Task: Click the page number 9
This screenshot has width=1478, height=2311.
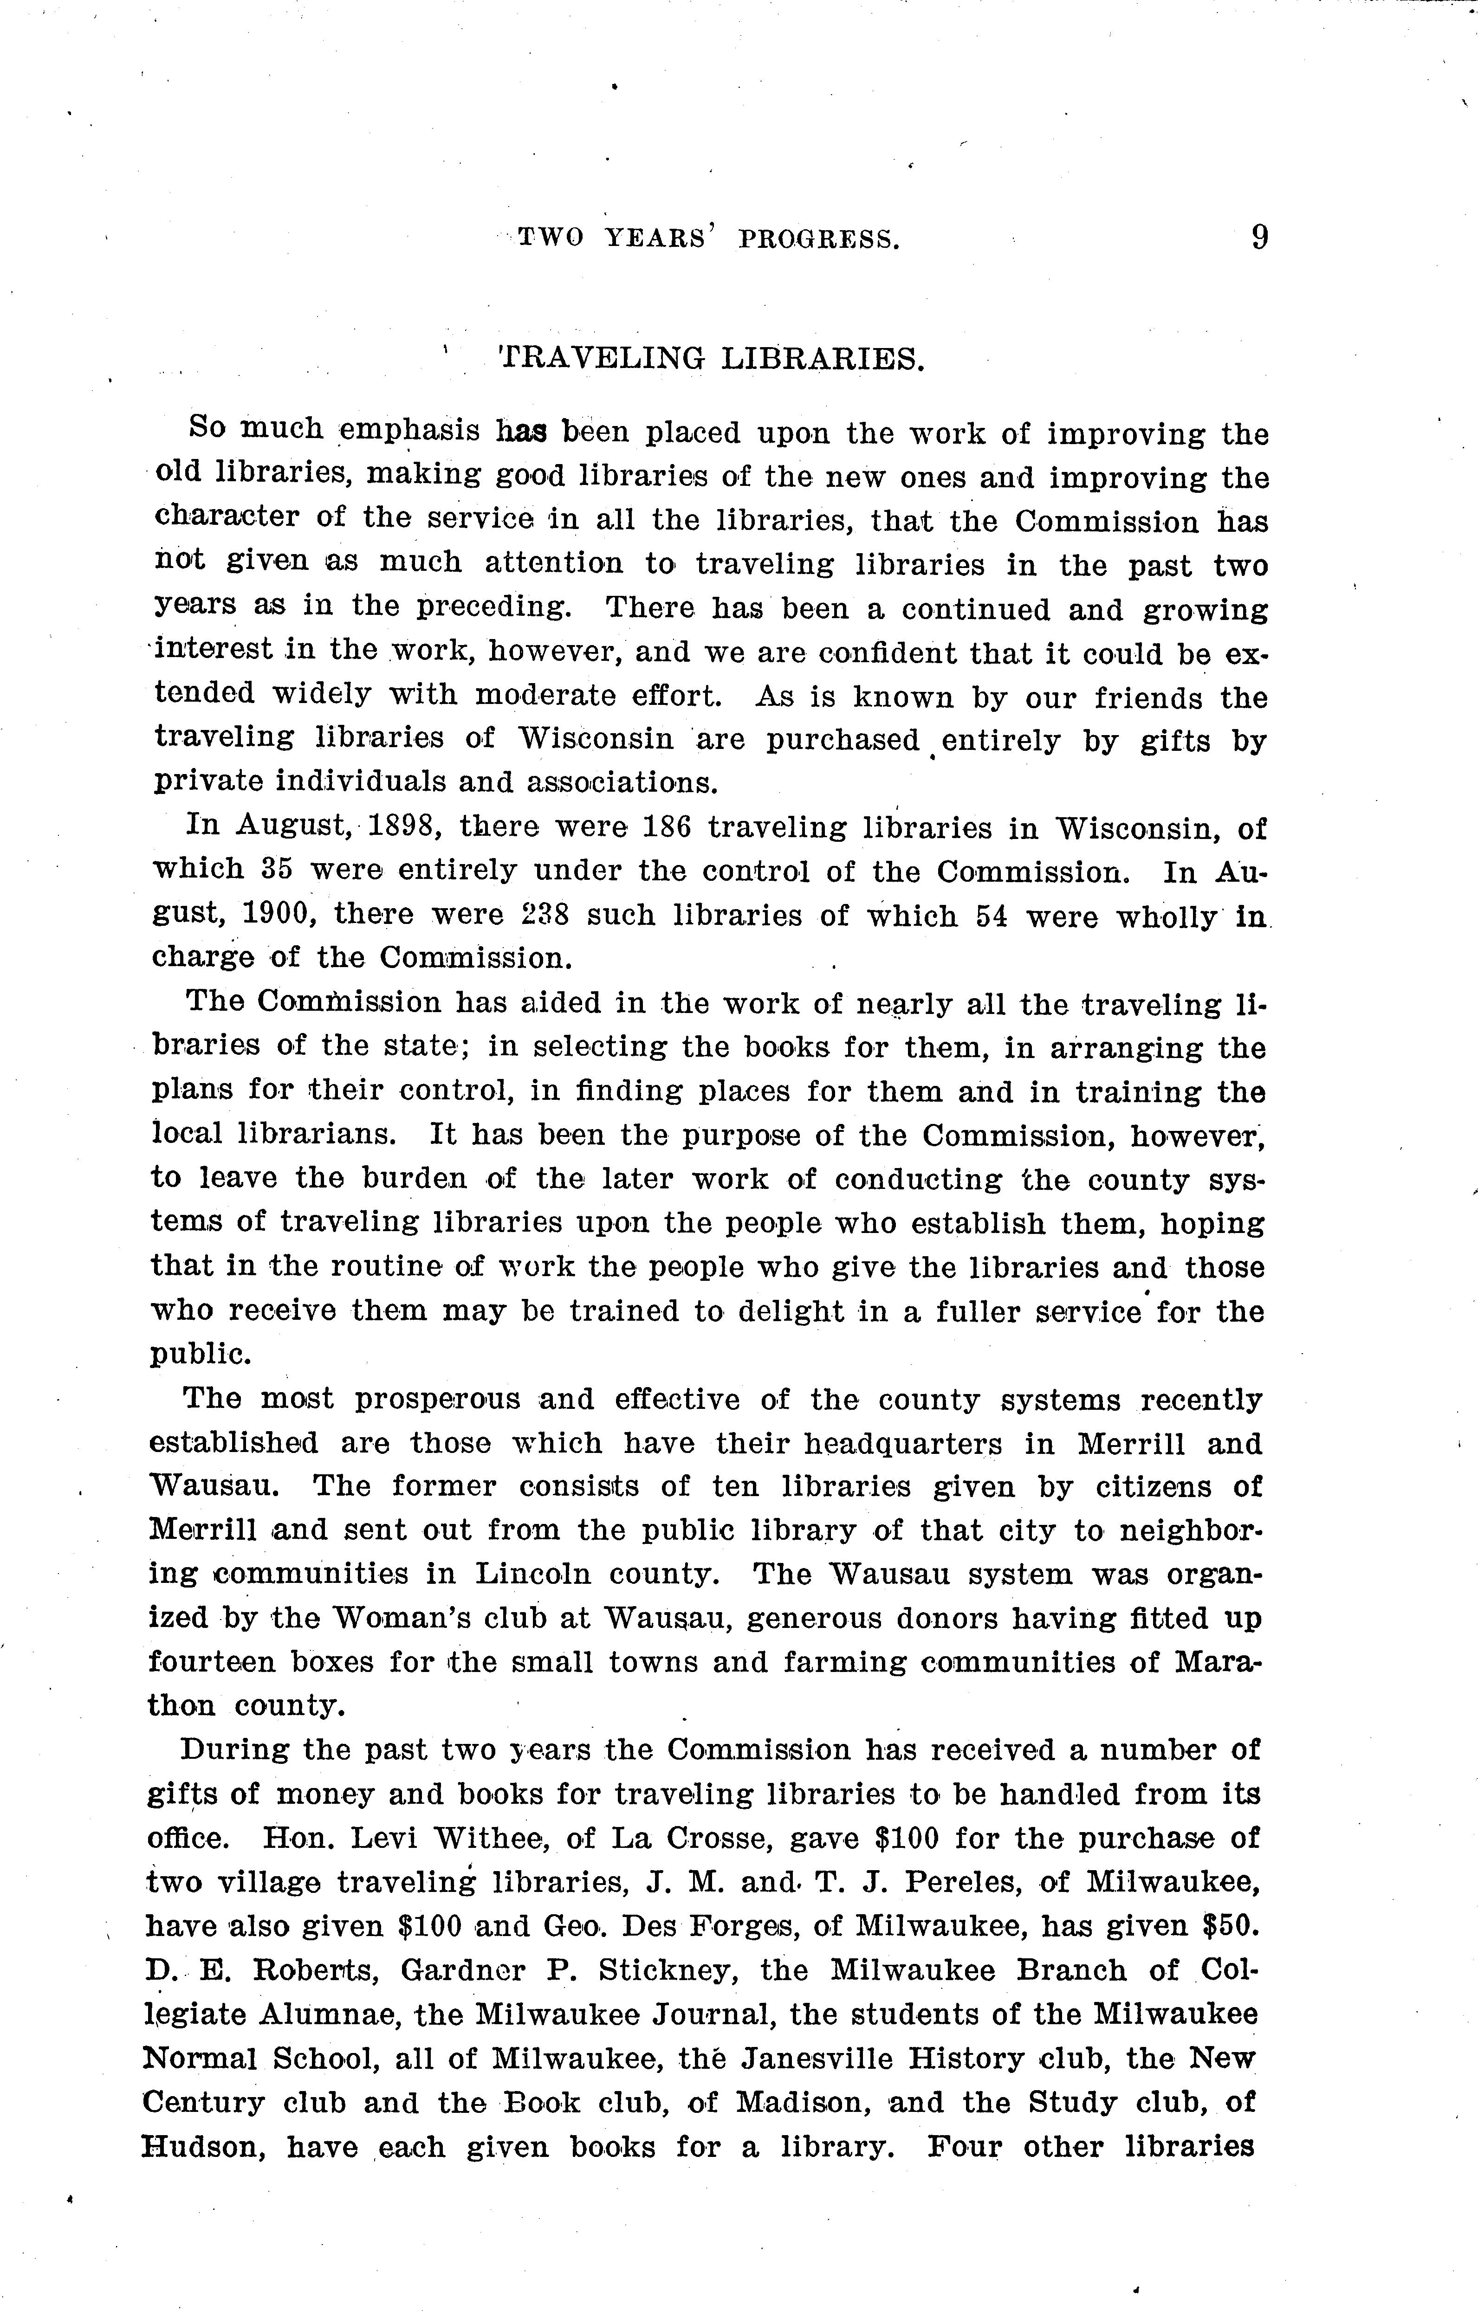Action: tap(1259, 236)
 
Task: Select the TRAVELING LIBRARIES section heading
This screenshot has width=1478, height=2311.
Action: tap(712, 359)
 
